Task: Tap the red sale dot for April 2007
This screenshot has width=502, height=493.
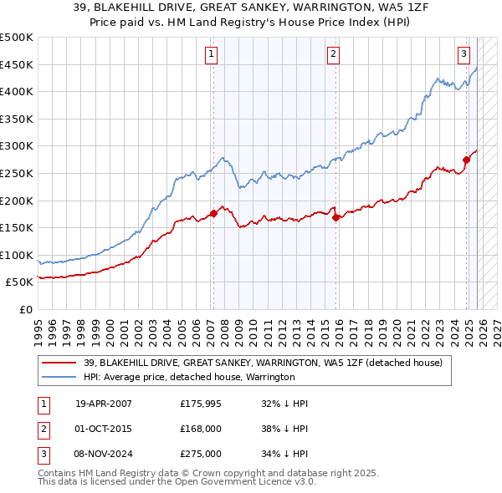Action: [x=213, y=213]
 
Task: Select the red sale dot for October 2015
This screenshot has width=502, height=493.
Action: [x=336, y=217]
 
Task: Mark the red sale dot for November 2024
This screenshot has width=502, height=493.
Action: [x=466, y=159]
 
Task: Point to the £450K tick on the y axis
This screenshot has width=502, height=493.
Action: [x=18, y=64]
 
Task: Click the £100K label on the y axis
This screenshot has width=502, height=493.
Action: [x=18, y=255]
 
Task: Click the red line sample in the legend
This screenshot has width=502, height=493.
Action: [x=59, y=363]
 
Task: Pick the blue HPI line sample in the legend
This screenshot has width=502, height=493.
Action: [x=59, y=377]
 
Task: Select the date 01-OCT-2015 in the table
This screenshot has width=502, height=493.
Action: [x=104, y=429]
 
